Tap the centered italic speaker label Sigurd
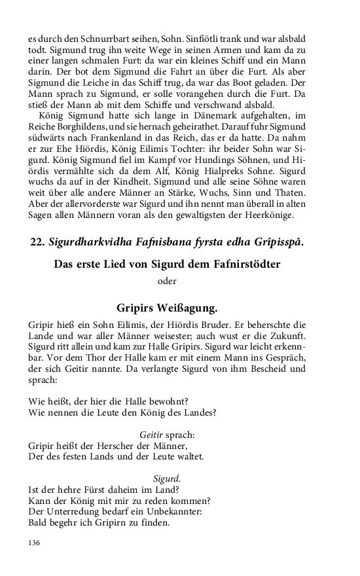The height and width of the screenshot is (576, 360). (x=167, y=478)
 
